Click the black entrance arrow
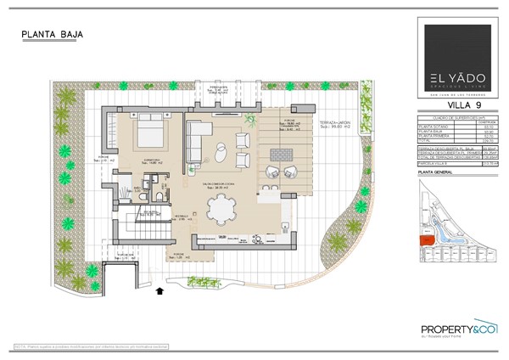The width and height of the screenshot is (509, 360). (161, 291)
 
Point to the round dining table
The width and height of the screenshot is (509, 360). (223, 206)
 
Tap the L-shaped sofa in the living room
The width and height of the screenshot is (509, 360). (198, 138)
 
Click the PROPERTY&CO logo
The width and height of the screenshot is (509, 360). (458, 330)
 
